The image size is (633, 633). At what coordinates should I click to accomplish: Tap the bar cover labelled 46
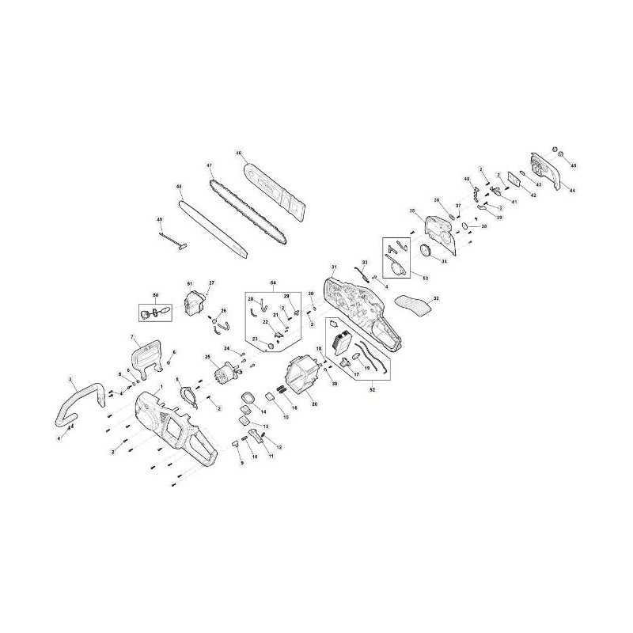[273, 186]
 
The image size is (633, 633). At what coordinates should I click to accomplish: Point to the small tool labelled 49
[173, 239]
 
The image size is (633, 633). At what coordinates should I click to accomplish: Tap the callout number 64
[273, 282]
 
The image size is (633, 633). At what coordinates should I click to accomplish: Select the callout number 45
[574, 165]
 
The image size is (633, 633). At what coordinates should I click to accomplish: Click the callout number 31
[334, 267]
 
